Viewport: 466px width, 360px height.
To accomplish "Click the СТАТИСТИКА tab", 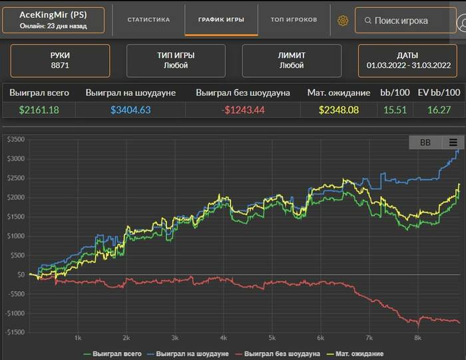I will [x=148, y=19].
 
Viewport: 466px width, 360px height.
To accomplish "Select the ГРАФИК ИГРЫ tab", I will [x=221, y=19].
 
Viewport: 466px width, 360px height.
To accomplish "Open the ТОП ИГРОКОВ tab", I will [x=294, y=19].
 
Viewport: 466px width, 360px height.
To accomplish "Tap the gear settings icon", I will [x=343, y=21].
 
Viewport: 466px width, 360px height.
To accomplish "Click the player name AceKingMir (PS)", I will [x=53, y=15].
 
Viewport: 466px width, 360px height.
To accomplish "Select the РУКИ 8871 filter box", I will [x=60, y=61].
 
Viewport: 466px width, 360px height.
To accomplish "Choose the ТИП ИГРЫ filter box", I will [x=175, y=61].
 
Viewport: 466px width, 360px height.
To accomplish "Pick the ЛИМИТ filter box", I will [x=292, y=61].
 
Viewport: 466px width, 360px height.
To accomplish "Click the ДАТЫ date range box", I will [x=408, y=61].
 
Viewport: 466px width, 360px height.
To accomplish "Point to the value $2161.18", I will [x=39, y=109].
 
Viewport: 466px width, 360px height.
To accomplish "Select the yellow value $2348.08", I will [x=339, y=109].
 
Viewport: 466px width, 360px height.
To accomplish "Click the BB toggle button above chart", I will [x=425, y=142].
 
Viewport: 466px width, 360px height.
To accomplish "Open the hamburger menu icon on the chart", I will [x=453, y=142].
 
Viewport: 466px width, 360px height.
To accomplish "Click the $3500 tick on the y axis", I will [x=15, y=139].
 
